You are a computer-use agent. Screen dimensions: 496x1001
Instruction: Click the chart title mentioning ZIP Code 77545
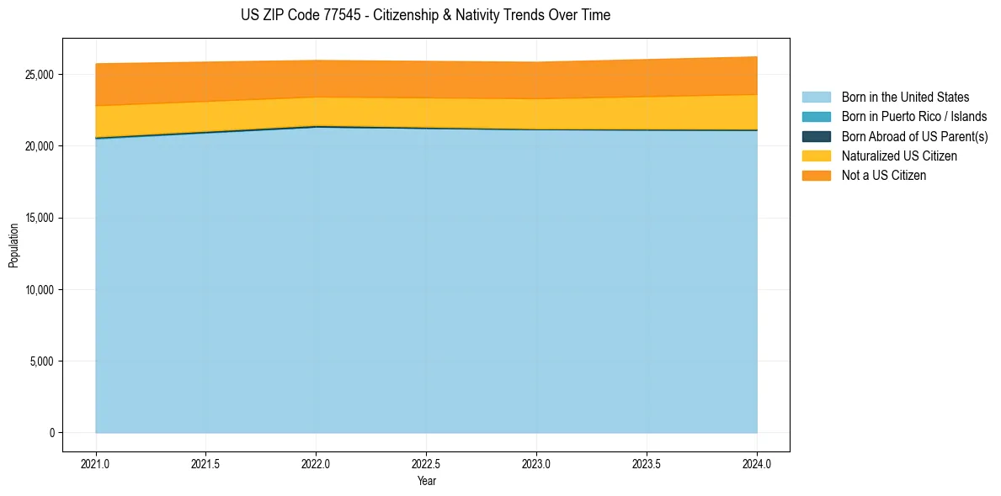click(425, 15)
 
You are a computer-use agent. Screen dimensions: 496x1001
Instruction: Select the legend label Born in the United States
click(905, 98)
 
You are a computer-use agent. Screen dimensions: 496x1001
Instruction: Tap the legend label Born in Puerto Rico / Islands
click(914, 117)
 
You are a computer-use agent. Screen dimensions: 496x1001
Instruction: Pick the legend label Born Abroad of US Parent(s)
click(914, 136)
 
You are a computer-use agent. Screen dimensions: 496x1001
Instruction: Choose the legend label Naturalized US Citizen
click(899, 156)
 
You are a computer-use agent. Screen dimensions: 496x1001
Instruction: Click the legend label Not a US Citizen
click(884, 175)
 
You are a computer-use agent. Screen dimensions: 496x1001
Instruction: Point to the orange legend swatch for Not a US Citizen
click(816, 175)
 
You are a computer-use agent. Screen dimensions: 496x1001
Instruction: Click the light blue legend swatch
click(816, 98)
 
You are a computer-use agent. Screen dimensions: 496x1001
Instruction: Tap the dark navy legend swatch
click(816, 136)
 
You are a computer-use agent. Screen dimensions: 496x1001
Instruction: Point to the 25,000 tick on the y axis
click(40, 75)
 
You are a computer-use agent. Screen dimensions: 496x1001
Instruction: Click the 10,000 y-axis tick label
click(40, 290)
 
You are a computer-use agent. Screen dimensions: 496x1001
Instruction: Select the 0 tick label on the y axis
click(52, 433)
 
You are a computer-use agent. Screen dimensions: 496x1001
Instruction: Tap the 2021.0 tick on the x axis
click(96, 463)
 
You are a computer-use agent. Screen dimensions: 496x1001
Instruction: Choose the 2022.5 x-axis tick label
click(426, 463)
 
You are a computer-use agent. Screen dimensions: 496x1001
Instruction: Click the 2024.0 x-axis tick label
click(757, 463)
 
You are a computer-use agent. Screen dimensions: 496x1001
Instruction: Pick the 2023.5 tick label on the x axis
click(647, 463)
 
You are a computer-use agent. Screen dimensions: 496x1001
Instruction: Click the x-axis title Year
click(426, 481)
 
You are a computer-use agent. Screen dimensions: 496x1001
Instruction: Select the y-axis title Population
click(13, 245)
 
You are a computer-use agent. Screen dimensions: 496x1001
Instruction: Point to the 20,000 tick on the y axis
click(40, 146)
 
